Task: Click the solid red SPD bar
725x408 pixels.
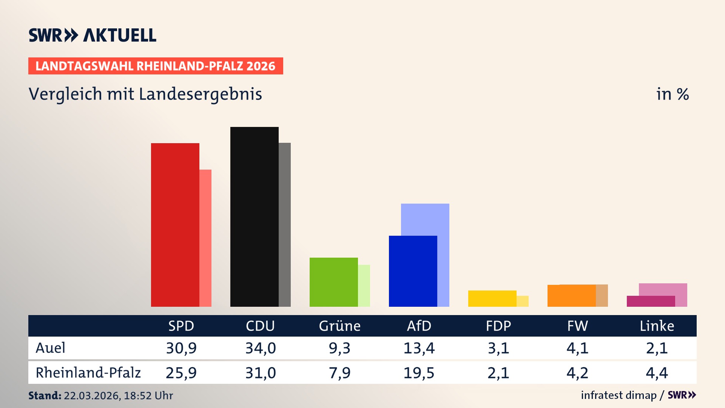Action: click(175, 225)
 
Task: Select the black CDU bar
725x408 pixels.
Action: click(254, 216)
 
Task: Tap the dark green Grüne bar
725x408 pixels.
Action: click(333, 282)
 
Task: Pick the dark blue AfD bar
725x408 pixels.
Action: click(413, 271)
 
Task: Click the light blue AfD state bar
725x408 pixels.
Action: click(425, 219)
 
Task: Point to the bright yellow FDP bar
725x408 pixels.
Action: click(492, 298)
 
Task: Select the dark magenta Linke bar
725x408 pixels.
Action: click(651, 301)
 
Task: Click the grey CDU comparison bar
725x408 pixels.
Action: click(285, 225)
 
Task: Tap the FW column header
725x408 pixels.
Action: click(577, 326)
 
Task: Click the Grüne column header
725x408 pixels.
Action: click(339, 326)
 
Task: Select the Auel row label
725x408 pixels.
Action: click(50, 348)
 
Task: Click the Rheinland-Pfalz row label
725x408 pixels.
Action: click(88, 372)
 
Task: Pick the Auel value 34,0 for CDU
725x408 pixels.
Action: click(261, 348)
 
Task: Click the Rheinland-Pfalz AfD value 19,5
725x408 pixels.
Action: click(419, 373)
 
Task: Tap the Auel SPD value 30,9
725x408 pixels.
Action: click(181, 348)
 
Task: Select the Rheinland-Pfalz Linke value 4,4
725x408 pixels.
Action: click(657, 373)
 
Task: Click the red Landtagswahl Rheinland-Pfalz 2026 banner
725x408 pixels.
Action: click(156, 66)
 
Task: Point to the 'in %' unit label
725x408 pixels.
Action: click(672, 94)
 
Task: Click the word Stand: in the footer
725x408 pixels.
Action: click(45, 396)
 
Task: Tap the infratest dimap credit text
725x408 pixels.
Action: click(619, 395)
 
